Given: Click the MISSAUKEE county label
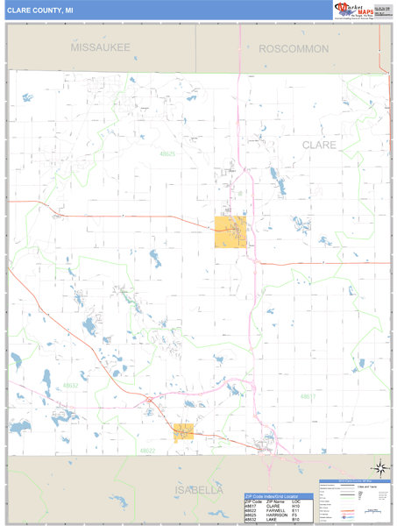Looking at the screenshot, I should tap(100, 46).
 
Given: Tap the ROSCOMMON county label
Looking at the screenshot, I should tap(294, 49).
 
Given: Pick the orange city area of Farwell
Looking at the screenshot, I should tap(183, 431).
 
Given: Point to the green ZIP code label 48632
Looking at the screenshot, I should tap(71, 385).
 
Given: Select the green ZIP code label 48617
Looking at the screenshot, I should tap(308, 397).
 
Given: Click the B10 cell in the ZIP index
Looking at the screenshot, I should tap(295, 521).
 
